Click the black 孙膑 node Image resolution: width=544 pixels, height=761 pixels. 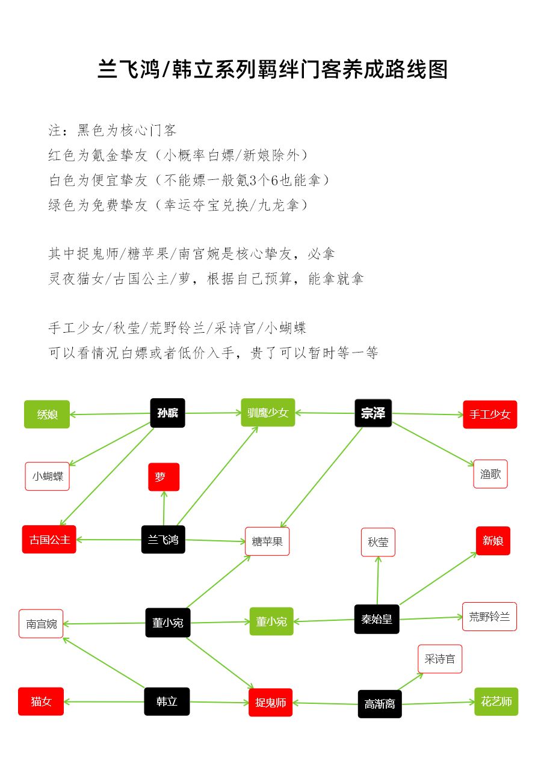tap(167, 413)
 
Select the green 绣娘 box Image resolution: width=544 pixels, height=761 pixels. tap(47, 414)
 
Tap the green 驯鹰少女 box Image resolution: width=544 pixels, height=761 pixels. tap(268, 413)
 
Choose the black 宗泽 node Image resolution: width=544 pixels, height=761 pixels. tap(373, 413)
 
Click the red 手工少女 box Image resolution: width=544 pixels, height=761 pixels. tap(490, 414)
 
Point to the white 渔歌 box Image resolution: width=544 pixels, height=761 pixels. tap(490, 474)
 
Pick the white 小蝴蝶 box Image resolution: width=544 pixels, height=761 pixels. tap(48, 476)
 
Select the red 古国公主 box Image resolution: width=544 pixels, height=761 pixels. tap(49, 540)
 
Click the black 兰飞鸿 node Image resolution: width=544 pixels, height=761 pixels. tap(163, 540)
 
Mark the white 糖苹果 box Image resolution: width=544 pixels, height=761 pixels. tap(267, 541)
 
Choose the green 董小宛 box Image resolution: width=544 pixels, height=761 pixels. tap(271, 621)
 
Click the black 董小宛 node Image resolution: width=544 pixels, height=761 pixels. tap(168, 623)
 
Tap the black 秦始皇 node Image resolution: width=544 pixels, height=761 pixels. tap(377, 619)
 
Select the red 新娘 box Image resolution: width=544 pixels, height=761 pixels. tap(493, 541)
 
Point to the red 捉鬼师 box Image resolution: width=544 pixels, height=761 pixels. tap(270, 703)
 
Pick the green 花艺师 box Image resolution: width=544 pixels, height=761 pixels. tap(496, 701)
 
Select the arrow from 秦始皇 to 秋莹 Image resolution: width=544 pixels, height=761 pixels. tap(378, 580)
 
